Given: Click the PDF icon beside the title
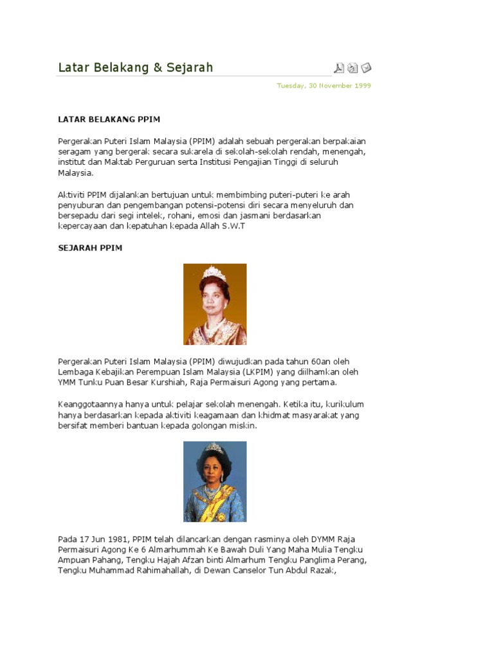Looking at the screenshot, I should [339, 68].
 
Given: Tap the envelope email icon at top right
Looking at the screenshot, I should [366, 68].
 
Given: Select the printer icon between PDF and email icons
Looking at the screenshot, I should [352, 68].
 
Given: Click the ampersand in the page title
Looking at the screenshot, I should [158, 68].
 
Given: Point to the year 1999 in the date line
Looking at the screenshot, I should [361, 86].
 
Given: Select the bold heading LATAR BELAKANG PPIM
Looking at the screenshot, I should [109, 119].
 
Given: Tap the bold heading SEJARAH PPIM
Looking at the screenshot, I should [90, 248].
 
